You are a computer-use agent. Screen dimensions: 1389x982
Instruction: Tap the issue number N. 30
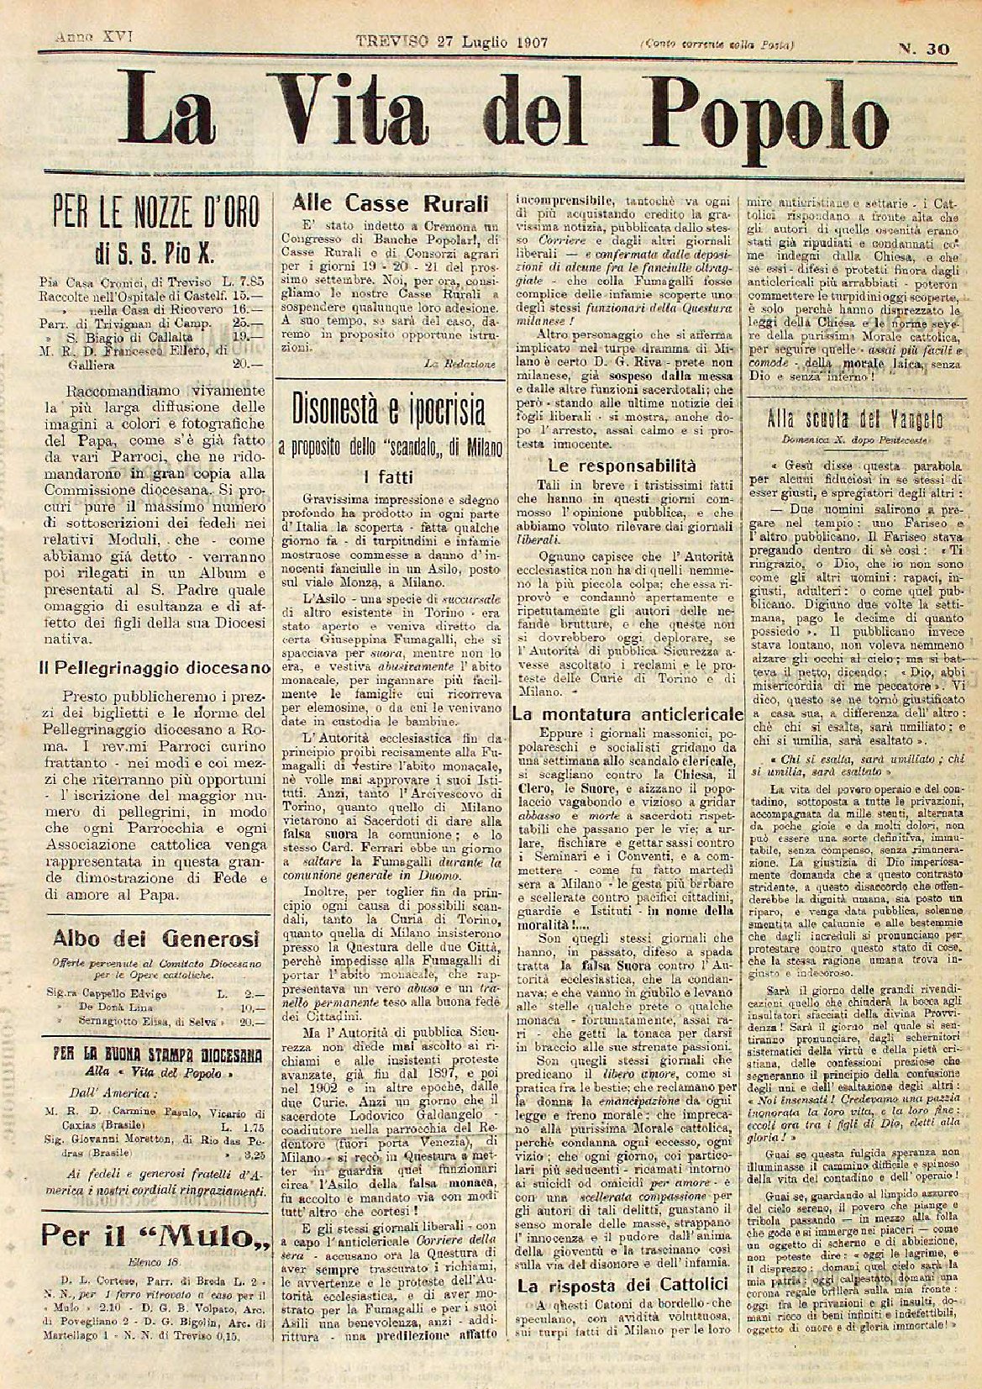coord(923,49)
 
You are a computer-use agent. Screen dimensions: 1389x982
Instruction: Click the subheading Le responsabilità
coord(622,464)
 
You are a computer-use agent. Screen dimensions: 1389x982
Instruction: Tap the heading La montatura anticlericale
coord(627,714)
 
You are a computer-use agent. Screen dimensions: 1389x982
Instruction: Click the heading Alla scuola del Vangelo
coord(861,420)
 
